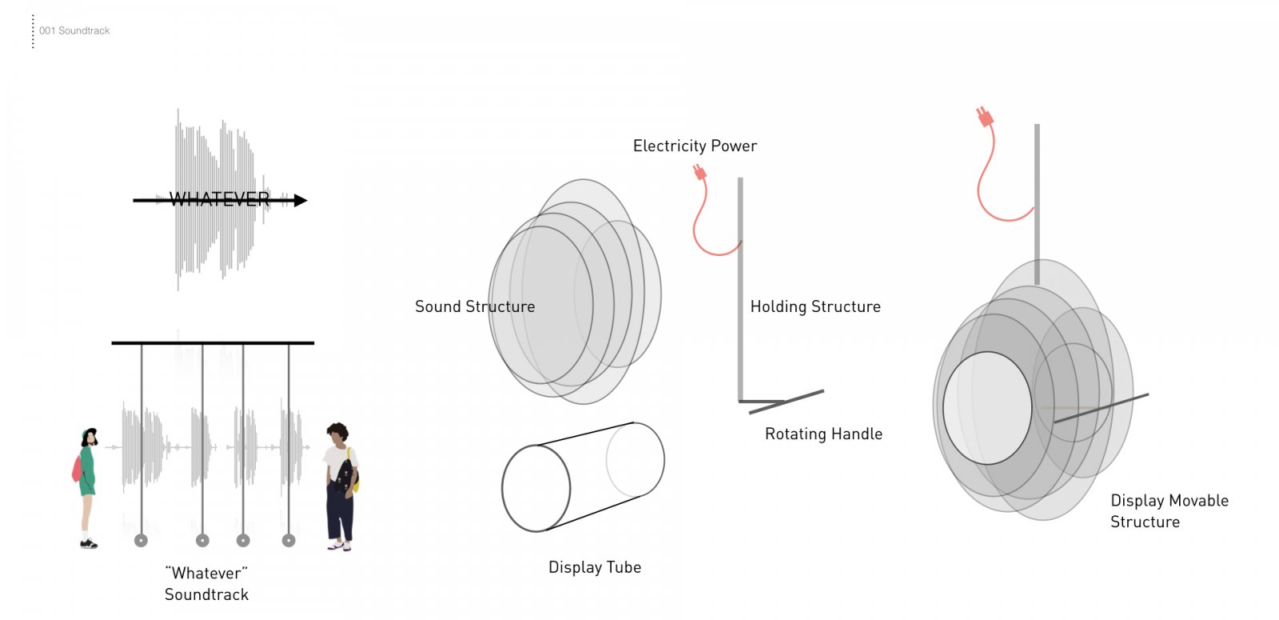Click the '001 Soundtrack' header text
(x=74, y=31)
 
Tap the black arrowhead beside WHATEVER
(x=301, y=201)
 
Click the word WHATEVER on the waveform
(x=219, y=199)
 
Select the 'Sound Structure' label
(x=475, y=307)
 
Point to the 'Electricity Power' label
(x=695, y=146)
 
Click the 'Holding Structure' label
(x=815, y=307)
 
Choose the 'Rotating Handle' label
(x=823, y=434)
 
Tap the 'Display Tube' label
(x=595, y=567)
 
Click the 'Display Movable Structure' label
(x=1169, y=511)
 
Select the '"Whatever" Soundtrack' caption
(x=206, y=584)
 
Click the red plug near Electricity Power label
(x=700, y=171)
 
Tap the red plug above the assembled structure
(x=985, y=117)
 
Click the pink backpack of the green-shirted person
(x=77, y=469)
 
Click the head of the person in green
(x=90, y=437)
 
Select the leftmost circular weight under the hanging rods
(x=141, y=541)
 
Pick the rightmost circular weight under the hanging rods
(x=289, y=541)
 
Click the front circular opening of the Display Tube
(x=536, y=489)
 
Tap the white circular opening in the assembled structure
(x=987, y=408)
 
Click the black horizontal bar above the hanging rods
(x=213, y=343)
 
